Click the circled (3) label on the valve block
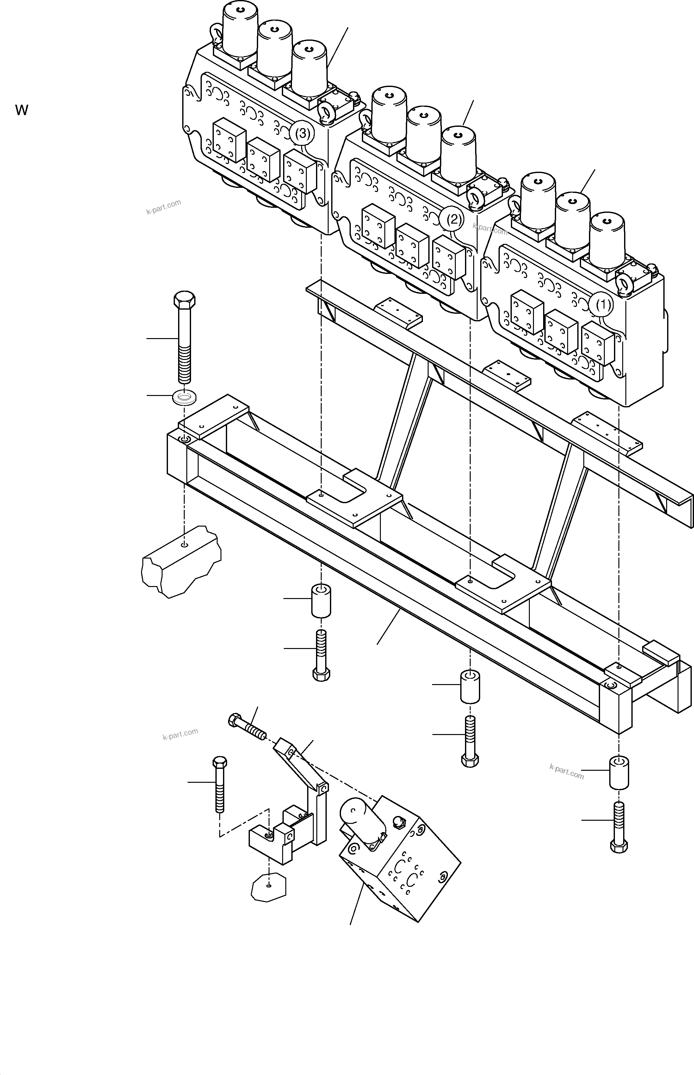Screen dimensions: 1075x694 (302, 133)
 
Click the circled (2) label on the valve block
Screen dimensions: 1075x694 (453, 219)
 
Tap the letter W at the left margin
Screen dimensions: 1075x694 (22, 110)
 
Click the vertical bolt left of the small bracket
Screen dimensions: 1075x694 (220, 784)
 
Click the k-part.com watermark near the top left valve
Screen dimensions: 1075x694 (164, 207)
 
